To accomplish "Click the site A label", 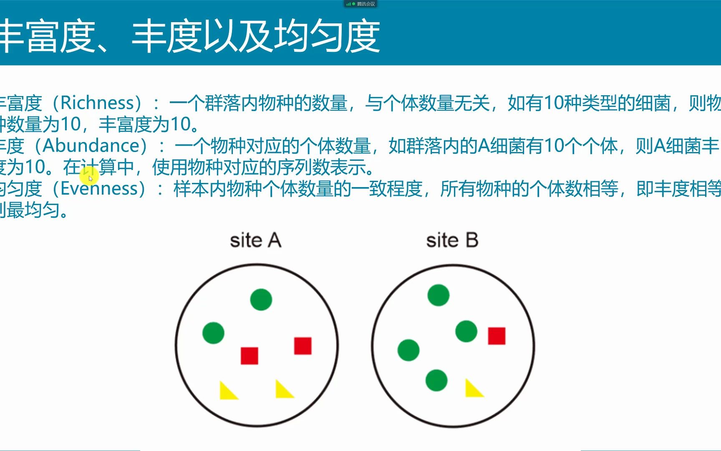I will (x=255, y=241).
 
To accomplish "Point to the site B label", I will (x=452, y=241).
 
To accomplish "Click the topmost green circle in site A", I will (x=261, y=299).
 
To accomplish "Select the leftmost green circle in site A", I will (x=213, y=333).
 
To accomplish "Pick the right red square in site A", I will (x=303, y=346).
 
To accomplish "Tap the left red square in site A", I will (x=250, y=356).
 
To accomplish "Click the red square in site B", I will (x=497, y=336).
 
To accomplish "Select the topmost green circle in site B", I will (x=439, y=295).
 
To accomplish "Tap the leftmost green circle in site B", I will (x=408, y=350).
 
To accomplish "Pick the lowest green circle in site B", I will (x=436, y=380).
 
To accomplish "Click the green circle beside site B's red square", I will (x=466, y=331).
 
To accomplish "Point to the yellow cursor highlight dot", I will (x=89, y=178).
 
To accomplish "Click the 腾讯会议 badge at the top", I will (x=360, y=4).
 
